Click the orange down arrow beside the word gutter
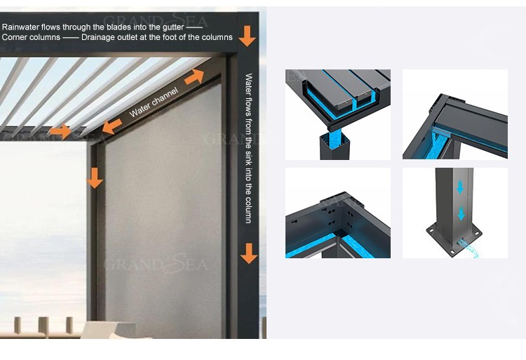tap(246, 34)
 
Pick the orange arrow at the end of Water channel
tap(194, 76)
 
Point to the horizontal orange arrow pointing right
tap(60, 131)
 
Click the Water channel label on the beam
tap(154, 102)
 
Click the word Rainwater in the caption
tap(21, 27)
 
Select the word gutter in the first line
tap(173, 27)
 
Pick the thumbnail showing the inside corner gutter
tap(337, 213)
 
